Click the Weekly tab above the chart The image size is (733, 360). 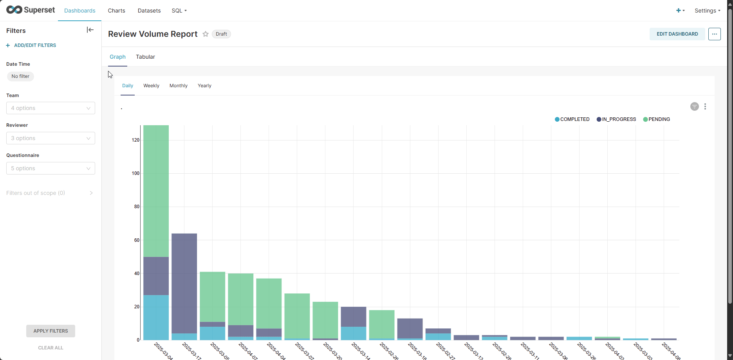151,86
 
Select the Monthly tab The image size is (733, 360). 178,86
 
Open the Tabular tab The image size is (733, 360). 145,57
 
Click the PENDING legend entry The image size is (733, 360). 657,119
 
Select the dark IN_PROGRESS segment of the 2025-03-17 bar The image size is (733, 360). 184,283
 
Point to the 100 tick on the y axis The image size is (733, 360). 136,173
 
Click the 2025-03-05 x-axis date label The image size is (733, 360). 219,351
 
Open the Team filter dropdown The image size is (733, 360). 51,108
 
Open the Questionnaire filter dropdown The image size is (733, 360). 51,168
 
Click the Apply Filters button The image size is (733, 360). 51,331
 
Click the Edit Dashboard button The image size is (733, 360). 677,34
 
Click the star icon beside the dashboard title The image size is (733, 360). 206,34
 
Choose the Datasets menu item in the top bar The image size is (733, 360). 149,11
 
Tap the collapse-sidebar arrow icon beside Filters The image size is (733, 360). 90,30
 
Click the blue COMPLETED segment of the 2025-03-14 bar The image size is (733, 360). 353,333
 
